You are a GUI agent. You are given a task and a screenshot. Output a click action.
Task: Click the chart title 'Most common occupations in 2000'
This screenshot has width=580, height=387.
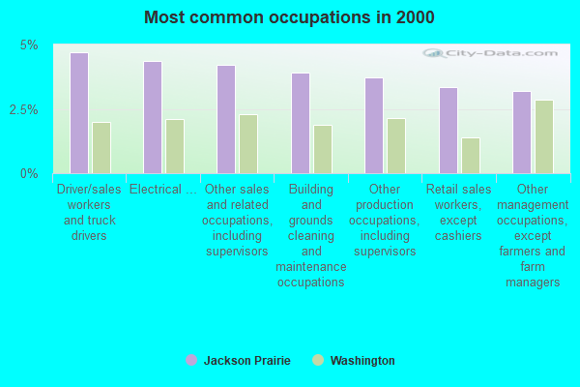coord(289,17)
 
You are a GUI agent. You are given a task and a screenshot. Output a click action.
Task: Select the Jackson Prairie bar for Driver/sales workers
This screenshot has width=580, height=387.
coord(79,113)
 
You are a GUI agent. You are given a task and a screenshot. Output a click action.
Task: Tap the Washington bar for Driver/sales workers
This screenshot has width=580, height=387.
coord(101,148)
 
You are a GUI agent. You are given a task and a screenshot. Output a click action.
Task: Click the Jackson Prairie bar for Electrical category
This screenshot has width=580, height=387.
coord(153,118)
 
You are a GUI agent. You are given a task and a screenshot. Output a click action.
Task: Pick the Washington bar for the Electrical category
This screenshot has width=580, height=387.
coord(175,146)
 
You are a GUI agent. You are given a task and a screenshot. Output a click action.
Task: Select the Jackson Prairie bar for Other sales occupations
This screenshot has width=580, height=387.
coord(226,120)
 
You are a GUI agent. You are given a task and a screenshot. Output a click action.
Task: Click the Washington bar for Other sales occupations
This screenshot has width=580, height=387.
coord(248,144)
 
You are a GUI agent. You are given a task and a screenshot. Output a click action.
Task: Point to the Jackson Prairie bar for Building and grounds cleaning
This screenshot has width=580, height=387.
coord(301,124)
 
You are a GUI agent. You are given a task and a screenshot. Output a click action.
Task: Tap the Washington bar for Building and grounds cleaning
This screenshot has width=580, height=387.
coord(323,149)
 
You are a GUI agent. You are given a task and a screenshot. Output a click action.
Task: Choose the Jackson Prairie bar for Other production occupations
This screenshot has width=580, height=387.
coord(374,126)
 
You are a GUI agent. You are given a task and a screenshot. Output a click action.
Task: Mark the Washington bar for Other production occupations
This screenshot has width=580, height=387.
coord(396,146)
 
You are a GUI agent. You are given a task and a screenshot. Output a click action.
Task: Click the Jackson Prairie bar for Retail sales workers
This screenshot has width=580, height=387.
coord(449,131)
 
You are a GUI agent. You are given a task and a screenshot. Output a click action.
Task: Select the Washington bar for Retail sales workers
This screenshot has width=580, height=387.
coord(471,156)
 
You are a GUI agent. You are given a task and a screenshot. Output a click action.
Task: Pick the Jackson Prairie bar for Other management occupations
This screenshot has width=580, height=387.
coord(522,133)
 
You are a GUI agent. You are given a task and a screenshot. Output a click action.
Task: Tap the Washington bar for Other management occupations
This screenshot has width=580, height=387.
coord(544,136)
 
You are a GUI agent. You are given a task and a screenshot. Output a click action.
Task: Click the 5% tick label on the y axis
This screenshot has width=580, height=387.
coord(30,45)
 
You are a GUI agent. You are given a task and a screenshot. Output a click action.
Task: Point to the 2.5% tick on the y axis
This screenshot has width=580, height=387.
coord(25,109)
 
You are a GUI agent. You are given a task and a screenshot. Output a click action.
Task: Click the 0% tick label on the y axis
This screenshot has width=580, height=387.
coord(30,173)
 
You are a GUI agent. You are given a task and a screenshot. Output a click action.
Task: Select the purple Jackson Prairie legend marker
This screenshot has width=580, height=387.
coord(190,360)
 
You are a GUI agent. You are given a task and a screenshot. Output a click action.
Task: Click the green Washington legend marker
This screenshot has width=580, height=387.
coord(317,360)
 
